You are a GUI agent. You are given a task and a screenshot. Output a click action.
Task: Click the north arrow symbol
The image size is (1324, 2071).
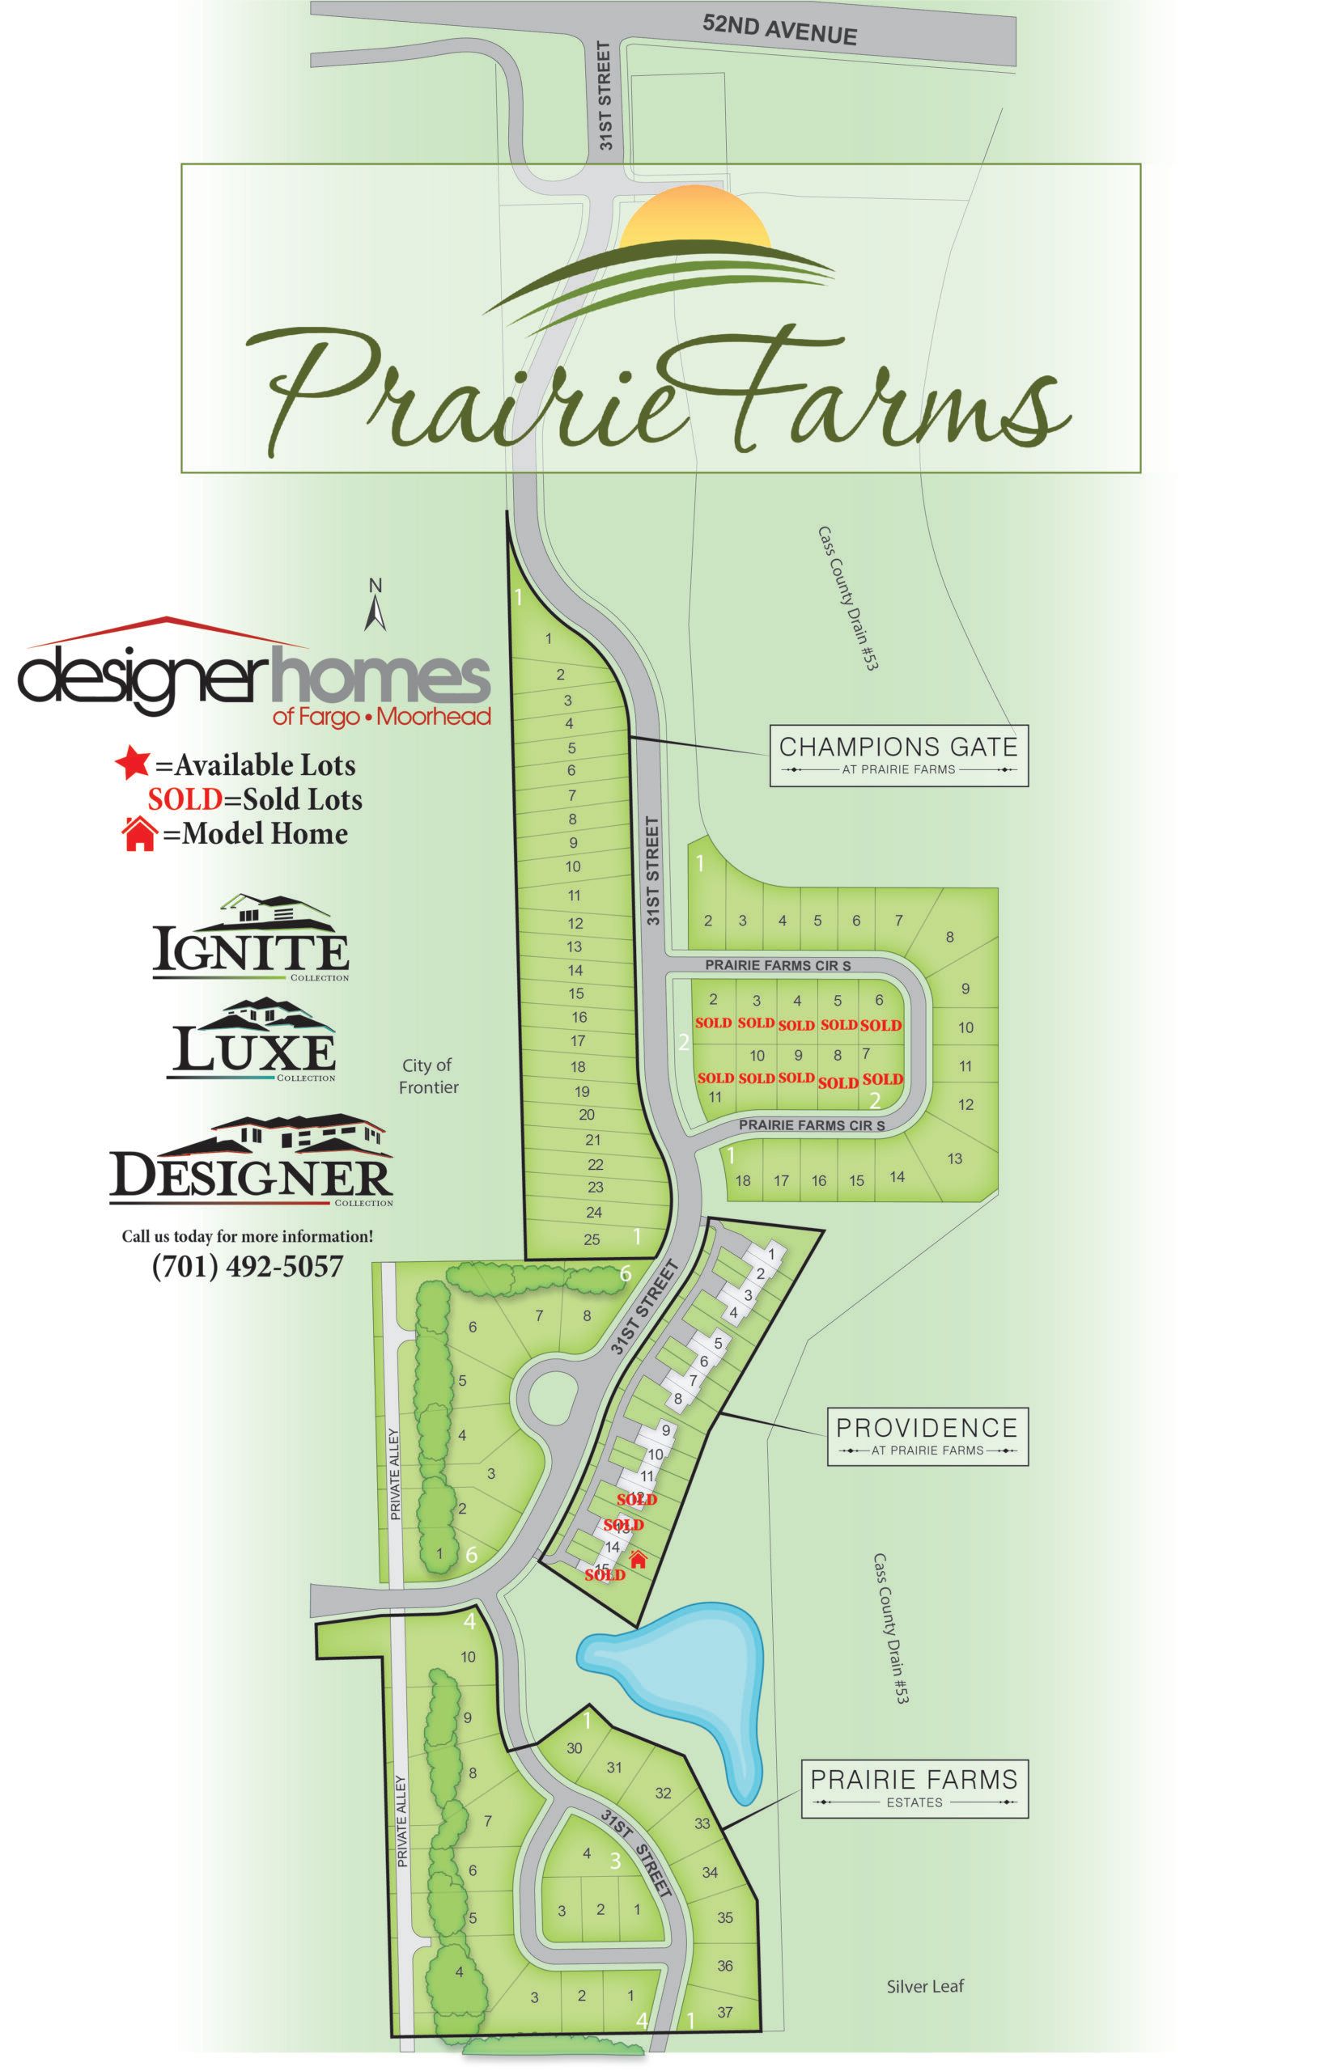[x=375, y=607]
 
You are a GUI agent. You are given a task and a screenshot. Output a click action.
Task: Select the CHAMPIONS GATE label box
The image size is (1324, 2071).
[x=898, y=754]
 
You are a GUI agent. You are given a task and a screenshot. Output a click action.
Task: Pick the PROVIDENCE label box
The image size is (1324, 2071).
[x=927, y=1434]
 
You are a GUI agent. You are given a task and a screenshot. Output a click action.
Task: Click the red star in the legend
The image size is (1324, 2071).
[x=132, y=763]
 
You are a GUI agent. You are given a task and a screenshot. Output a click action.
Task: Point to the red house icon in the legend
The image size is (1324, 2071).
[x=139, y=833]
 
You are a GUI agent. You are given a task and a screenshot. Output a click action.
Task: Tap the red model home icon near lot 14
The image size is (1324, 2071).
[x=638, y=1558]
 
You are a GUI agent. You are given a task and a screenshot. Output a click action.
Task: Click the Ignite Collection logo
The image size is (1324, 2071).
[x=251, y=938]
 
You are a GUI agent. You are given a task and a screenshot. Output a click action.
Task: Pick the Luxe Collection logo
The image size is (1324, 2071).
[x=251, y=1040]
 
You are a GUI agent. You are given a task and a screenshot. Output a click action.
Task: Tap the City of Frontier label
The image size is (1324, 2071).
[x=427, y=1076]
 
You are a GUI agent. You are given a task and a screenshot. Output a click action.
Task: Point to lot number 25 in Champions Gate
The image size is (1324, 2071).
[x=591, y=1239]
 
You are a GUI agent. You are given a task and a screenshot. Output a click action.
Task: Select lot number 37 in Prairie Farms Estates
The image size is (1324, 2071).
[x=724, y=2012]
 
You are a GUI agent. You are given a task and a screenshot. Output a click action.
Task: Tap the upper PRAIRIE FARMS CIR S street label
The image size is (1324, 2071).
[x=777, y=965]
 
